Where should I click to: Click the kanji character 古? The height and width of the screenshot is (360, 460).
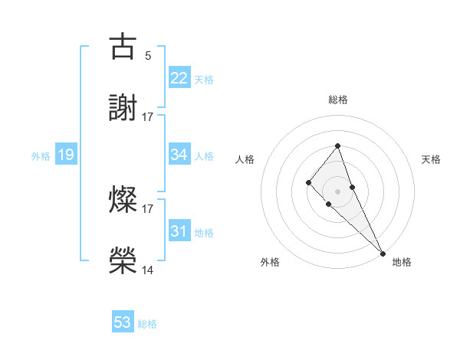[123, 47]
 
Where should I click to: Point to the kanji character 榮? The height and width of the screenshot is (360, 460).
[123, 260]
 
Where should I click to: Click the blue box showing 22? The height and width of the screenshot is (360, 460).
[179, 78]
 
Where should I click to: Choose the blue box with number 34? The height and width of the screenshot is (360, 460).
[179, 155]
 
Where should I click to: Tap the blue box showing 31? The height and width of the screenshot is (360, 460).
[179, 231]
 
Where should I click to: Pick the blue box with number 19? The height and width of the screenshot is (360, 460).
[66, 155]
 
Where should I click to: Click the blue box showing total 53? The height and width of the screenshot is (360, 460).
[123, 322]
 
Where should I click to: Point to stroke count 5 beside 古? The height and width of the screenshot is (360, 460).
[148, 55]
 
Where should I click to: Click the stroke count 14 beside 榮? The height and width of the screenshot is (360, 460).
[148, 270]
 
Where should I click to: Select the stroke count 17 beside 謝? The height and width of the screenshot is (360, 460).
[148, 116]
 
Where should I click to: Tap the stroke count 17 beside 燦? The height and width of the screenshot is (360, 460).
[148, 208]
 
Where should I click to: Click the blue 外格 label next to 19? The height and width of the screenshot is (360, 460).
[41, 156]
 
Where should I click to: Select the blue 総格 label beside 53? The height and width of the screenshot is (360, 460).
[147, 324]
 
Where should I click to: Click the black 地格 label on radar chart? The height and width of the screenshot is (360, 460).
[402, 262]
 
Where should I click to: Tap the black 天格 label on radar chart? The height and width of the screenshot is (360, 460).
[432, 159]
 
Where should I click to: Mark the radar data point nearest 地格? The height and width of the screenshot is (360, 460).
[382, 253]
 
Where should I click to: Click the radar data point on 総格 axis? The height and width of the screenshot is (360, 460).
[337, 146]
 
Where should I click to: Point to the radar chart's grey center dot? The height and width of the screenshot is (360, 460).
[337, 191]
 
